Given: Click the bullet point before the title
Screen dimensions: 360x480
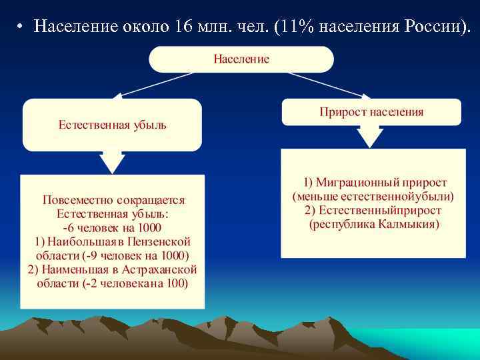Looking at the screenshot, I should click(21, 28).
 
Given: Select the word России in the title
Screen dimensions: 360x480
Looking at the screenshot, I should click(429, 27).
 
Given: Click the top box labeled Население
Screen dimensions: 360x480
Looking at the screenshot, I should click(241, 59).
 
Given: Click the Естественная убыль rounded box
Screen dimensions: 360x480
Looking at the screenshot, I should click(112, 125).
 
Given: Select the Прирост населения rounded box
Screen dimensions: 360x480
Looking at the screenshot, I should click(371, 112).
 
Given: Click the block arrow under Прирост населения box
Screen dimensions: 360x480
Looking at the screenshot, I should click(371, 137).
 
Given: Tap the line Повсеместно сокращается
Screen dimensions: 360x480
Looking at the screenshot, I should click(113, 200).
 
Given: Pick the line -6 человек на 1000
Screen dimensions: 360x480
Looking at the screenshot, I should click(113, 227).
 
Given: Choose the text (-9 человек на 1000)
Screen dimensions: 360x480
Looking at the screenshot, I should click(136, 255).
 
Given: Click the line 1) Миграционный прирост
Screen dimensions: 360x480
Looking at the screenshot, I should click(375, 182).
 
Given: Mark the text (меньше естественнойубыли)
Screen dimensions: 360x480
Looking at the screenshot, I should click(373, 196).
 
